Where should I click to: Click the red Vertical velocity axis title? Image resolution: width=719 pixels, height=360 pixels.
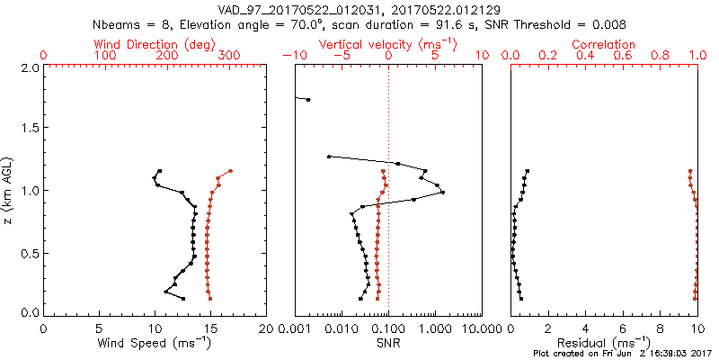(x=387, y=44)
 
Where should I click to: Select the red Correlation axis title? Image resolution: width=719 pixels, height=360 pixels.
(x=604, y=44)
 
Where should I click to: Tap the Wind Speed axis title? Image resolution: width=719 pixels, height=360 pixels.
(x=155, y=343)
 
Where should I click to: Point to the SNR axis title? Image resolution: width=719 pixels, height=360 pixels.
(x=387, y=343)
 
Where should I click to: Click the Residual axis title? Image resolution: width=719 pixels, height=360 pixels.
(x=604, y=343)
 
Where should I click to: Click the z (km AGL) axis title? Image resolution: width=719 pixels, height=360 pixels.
(x=9, y=190)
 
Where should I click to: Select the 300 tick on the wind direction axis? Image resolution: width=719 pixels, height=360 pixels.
(x=229, y=56)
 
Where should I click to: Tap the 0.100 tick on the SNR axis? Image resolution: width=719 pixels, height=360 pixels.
(x=387, y=328)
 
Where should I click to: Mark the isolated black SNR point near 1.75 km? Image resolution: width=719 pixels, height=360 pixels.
(x=308, y=100)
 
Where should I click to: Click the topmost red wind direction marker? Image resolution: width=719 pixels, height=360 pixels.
(x=230, y=171)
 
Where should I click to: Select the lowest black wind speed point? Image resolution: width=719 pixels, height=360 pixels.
(x=183, y=299)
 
